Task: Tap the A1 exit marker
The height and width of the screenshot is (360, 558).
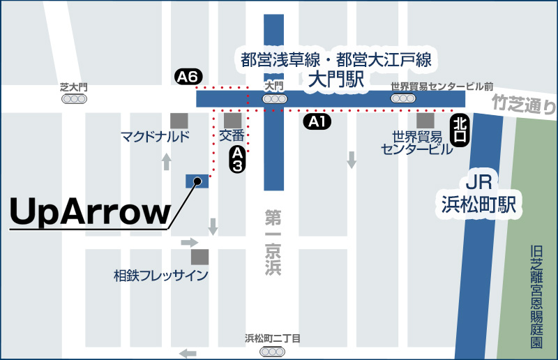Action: pos(317,122)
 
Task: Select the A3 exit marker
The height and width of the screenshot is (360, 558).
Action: pos(238,159)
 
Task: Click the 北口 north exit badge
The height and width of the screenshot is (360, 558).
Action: pos(460,130)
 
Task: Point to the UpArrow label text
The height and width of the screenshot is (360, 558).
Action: pos(91,212)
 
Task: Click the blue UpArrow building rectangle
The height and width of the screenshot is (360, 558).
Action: pos(198,181)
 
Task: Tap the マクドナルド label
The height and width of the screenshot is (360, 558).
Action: pos(155,136)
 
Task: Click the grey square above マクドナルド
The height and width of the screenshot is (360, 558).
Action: pos(179,120)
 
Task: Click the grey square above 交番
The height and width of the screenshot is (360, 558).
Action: pos(232,120)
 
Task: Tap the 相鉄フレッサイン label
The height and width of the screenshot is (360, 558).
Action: pos(161,276)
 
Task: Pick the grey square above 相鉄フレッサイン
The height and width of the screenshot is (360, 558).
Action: pos(200,257)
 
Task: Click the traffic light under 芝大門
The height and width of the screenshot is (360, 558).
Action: pos(74,99)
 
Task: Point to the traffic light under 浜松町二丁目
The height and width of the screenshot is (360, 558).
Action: pos(272,352)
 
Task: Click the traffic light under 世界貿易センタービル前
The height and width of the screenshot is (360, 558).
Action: pos(403,99)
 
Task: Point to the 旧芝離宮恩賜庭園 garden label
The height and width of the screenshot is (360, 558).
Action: pos(536,296)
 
